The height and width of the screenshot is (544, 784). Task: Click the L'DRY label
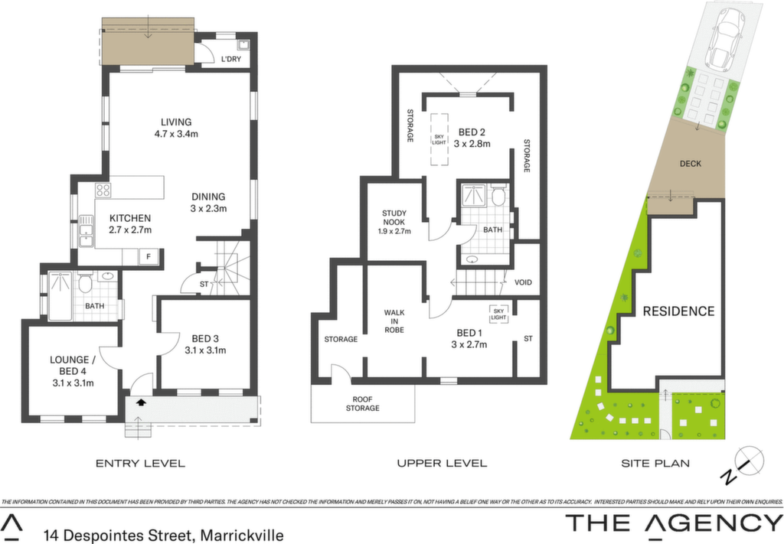coord(231,59)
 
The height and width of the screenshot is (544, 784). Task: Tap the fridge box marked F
coord(149,257)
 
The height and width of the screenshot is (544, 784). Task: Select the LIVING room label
coord(176,122)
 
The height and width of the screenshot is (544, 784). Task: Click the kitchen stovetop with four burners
coord(103,190)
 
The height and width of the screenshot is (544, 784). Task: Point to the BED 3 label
coord(205,338)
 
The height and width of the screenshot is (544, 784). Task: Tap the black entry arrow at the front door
coord(141,401)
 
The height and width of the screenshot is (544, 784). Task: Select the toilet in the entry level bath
coord(85,283)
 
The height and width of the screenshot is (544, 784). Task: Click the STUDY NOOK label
coord(394,217)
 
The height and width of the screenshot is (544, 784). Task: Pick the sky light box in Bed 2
coord(439,139)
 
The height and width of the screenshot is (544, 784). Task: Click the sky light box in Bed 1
coord(498,314)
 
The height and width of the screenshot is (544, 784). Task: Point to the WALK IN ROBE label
coord(394,321)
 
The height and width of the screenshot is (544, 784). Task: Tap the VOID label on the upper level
coord(523,282)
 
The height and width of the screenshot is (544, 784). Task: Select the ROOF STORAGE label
coord(362,404)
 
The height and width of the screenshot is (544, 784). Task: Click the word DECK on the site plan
coord(690,163)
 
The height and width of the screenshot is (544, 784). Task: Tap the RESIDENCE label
coord(678,311)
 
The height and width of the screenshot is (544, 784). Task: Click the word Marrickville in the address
coord(242,536)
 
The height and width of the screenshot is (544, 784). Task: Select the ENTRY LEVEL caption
coord(141,464)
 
